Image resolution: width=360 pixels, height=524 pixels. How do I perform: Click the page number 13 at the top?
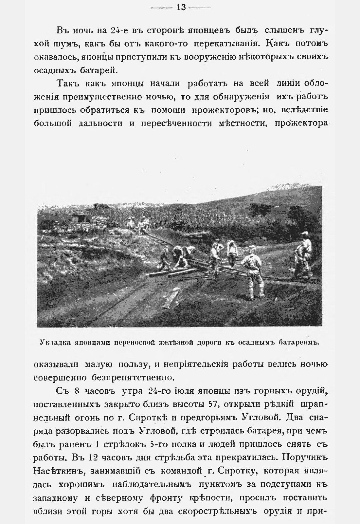click(x=181, y=7)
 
